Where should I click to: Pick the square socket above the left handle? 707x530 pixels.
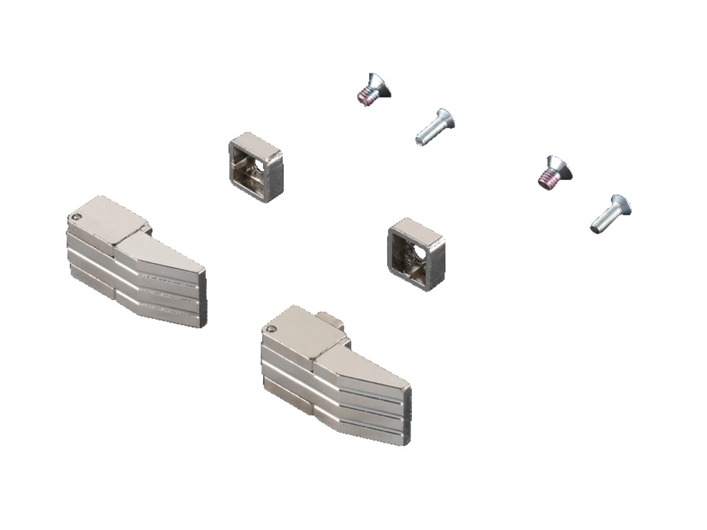[255, 167]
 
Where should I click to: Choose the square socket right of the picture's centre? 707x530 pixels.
[416, 253]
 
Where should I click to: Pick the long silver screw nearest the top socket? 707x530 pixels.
[435, 127]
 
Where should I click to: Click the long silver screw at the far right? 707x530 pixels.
[611, 214]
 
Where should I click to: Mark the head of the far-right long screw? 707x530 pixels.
[622, 205]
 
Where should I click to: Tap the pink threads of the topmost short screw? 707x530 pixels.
[365, 96]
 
